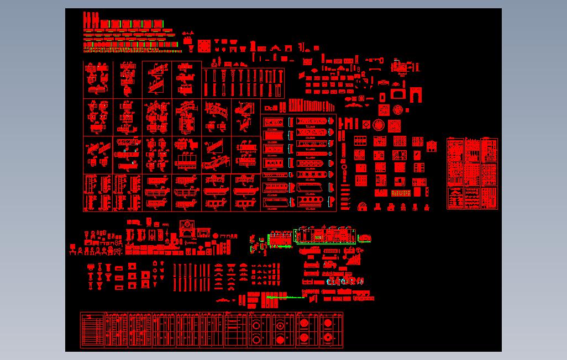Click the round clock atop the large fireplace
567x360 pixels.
tap(188, 224)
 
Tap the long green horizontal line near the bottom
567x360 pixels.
tap(285, 298)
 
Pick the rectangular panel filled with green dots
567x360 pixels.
tap(400, 193)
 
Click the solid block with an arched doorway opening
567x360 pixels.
tap(415, 95)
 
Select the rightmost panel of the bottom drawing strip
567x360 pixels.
tap(330, 330)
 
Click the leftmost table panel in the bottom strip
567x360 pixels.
tap(92, 330)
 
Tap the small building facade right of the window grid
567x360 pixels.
tap(433, 146)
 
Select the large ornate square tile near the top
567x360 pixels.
tap(204, 45)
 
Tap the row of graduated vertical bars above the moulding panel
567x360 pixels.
tap(305, 105)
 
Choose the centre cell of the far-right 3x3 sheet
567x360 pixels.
tap(473, 174)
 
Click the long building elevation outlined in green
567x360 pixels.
tap(326, 235)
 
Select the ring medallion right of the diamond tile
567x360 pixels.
tap(379, 125)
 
